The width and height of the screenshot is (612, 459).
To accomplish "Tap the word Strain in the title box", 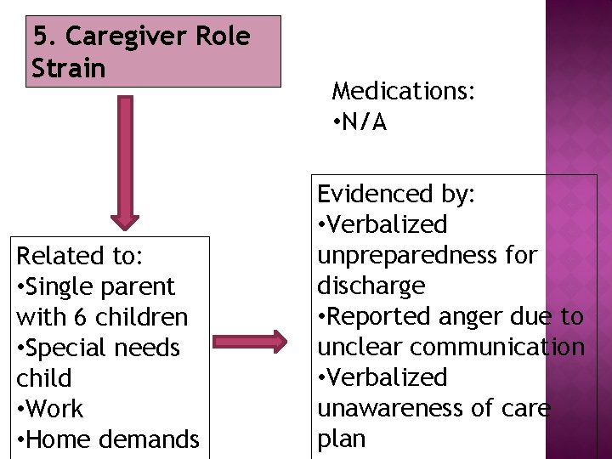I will pos(69,68).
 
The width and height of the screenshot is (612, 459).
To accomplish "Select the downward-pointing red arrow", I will pos(125,161).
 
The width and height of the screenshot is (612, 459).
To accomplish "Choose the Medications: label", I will pos(403,92).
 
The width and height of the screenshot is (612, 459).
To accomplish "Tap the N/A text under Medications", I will pos(365,123).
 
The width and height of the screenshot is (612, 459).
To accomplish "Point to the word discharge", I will pos(371,286).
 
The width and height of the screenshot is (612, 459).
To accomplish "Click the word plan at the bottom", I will pos(341,439).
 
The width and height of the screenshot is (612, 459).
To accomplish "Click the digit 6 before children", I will pos(79,317).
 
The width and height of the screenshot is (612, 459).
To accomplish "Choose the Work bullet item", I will pos(55,409).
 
